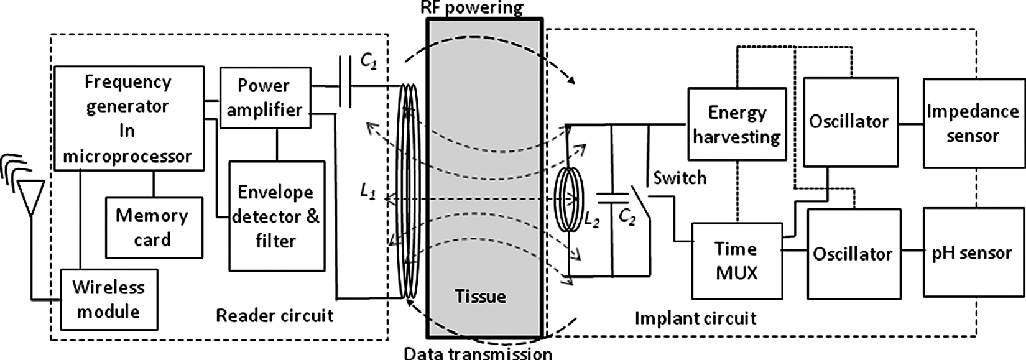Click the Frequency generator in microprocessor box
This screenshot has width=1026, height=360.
pos(129,118)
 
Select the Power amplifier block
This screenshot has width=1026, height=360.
pos(265,98)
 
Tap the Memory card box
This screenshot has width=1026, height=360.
pos(153,228)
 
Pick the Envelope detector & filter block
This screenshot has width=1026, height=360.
pos(276,216)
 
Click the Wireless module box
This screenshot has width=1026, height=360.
pos(108,299)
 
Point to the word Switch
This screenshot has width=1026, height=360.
pos(680,178)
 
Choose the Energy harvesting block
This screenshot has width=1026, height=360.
pos(737,124)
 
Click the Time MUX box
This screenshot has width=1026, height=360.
pos(736,261)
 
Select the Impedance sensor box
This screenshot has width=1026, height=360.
pos(972,123)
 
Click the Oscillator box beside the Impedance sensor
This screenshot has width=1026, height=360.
pos(850,122)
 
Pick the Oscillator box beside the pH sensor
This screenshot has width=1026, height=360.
pos(853,254)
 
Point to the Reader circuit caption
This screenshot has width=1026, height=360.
pos(274,315)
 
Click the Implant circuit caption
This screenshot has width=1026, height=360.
pos(695,318)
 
